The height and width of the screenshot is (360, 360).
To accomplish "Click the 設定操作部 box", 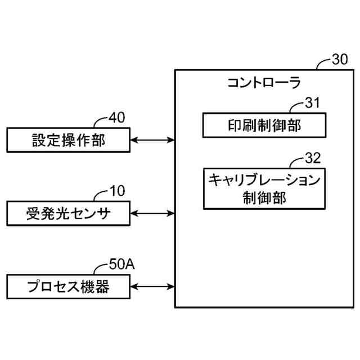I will coord(67,139).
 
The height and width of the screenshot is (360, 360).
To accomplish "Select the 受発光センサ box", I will coord(67,213).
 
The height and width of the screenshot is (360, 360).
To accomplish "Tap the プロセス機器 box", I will coord(67,287).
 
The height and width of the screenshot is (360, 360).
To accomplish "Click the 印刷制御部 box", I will coord(264,124).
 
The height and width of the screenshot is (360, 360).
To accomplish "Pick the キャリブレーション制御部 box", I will coord(264,188).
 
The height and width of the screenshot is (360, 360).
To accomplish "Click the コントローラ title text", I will coord(264,83).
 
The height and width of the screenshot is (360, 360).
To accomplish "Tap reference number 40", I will coord(117,118).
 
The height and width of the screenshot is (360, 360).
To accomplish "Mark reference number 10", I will coord(117,191).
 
